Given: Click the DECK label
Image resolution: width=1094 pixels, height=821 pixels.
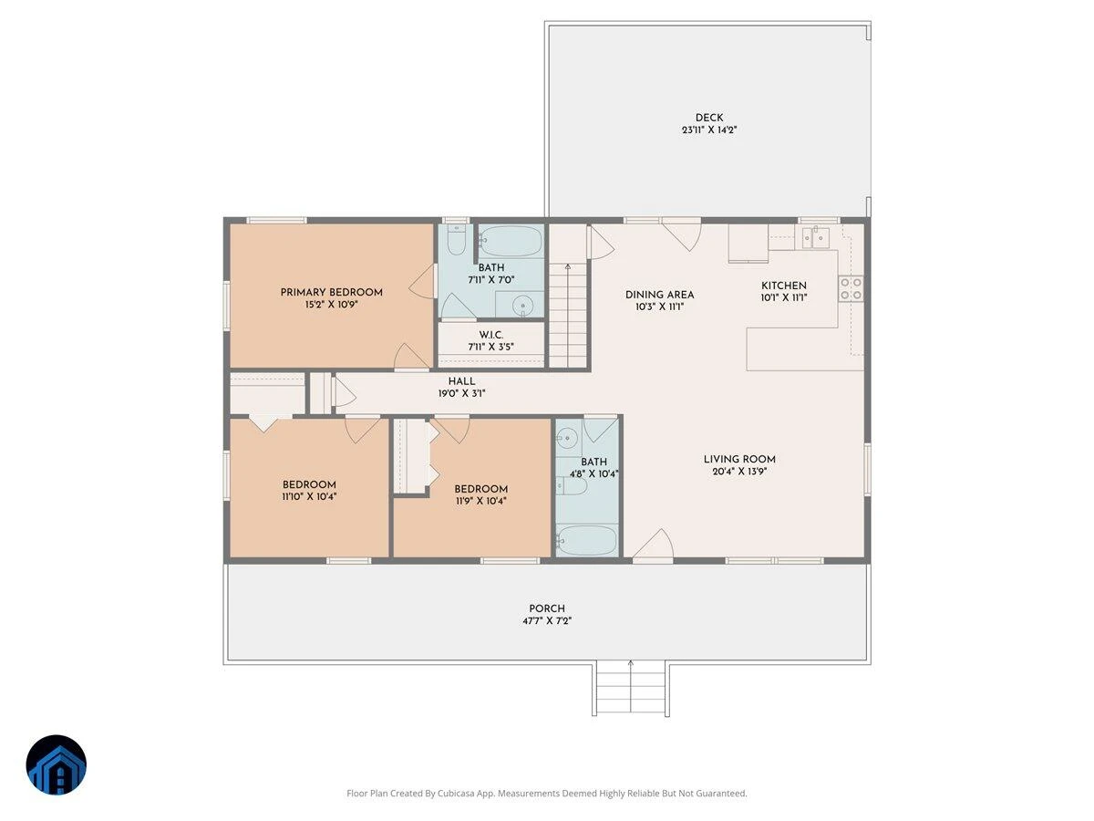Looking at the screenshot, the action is (708, 118).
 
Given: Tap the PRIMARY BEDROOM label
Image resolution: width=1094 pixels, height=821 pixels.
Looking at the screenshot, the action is (332, 292).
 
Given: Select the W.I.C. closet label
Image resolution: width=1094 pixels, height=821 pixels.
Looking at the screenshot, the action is (490, 335).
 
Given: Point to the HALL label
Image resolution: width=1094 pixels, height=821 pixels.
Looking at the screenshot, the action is (461, 381).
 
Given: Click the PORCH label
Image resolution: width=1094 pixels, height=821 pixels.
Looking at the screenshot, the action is (547, 608).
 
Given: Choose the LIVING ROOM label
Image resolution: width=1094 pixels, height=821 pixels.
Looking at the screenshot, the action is (739, 459).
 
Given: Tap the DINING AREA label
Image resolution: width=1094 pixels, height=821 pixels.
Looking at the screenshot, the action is (659, 295).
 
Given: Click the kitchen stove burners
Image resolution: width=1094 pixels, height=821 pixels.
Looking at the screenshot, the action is (851, 289).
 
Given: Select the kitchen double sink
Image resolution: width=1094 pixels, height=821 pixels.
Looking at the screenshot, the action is (815, 238).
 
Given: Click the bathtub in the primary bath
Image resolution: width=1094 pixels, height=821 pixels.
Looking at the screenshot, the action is (511, 241).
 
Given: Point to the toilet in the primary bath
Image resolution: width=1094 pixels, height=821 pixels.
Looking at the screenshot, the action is (456, 240).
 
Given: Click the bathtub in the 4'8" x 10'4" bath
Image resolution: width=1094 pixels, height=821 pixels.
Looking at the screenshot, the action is (587, 540).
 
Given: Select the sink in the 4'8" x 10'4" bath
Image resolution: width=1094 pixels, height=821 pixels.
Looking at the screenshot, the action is (567, 438).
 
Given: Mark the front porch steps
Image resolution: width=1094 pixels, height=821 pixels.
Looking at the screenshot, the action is (631, 689).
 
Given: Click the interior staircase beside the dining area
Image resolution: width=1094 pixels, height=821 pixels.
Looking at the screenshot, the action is (567, 316).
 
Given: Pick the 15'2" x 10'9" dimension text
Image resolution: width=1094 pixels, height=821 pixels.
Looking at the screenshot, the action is (332, 304).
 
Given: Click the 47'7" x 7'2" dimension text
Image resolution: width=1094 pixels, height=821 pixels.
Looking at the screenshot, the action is (547, 620).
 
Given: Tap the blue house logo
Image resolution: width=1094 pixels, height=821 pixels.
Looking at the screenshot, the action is (57, 764).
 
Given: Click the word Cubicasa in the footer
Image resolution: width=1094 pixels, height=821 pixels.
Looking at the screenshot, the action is (456, 793).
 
